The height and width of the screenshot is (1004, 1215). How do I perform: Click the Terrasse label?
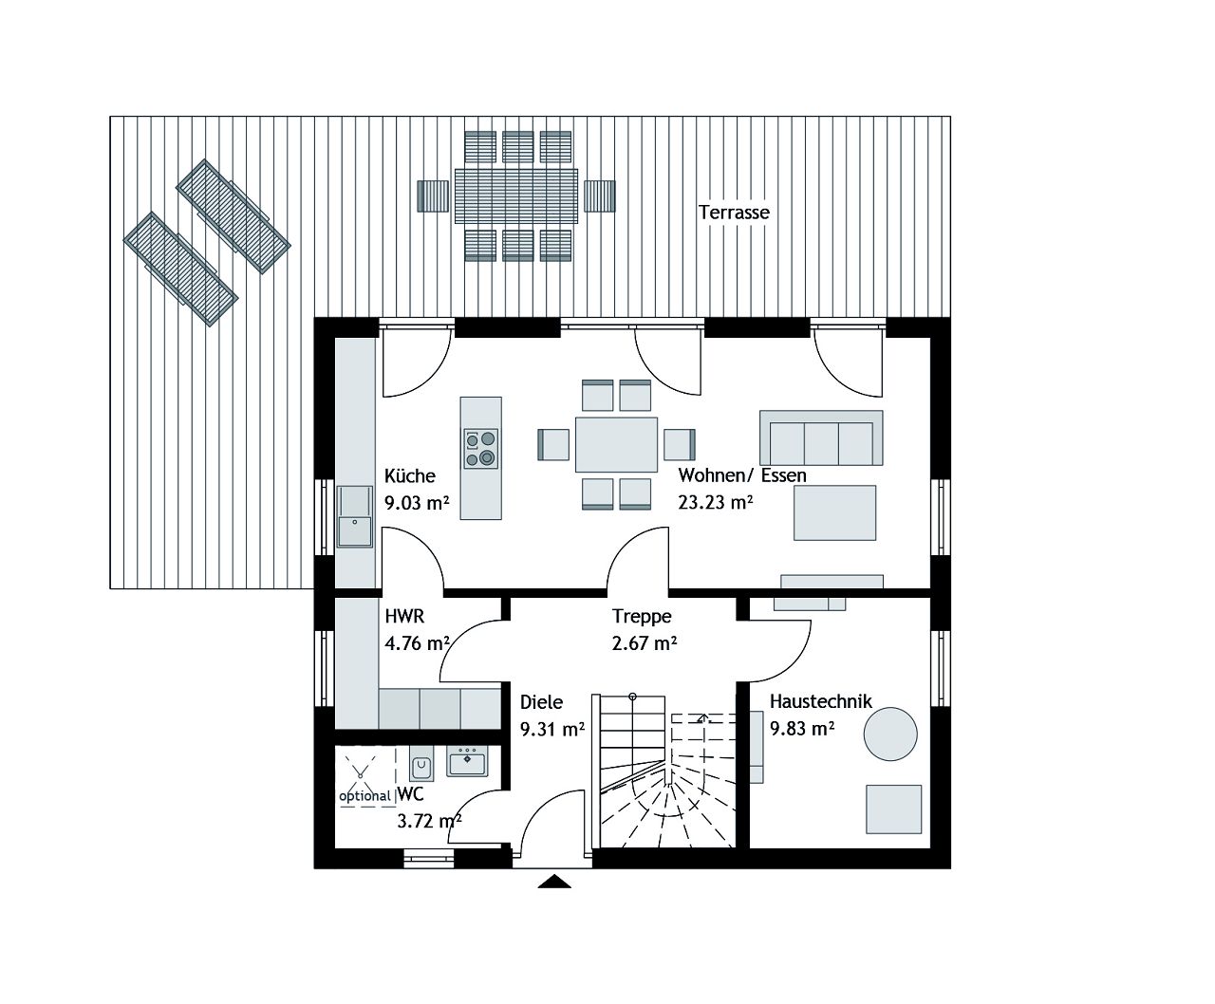coord(734,213)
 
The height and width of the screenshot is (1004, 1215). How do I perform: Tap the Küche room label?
coord(410,476)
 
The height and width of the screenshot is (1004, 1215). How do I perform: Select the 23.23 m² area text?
coord(715,503)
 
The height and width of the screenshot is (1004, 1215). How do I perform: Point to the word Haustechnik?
coord(820,702)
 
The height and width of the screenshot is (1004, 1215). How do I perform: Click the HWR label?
coord(404,617)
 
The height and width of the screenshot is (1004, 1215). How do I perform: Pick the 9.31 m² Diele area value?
coord(551,729)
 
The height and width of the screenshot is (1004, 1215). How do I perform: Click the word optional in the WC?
coord(365,796)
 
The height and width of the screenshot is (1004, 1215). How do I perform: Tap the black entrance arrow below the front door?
coord(554,882)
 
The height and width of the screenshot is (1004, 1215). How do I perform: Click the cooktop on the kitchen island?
coord(480,448)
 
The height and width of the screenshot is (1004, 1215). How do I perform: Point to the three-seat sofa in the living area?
coord(821,438)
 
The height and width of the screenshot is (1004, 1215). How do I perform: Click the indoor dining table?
coord(616,444)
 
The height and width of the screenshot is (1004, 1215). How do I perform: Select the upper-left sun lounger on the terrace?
coord(234,215)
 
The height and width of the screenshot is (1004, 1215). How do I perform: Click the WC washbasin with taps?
coord(466,761)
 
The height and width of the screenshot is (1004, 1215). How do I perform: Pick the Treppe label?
coord(642,617)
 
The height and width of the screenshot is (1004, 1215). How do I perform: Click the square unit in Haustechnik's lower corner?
coord(893,809)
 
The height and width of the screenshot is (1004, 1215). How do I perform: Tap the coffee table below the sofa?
coord(834,512)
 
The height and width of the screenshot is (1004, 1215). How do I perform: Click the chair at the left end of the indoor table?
coord(553,444)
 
